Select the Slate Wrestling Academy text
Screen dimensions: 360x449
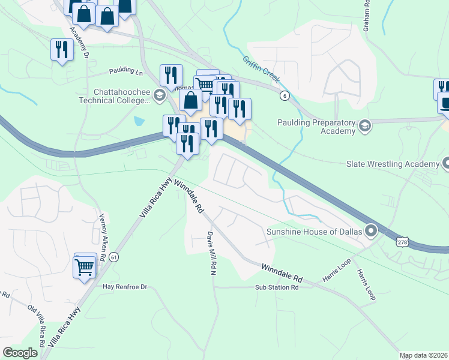tap(393, 164)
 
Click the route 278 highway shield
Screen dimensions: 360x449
tap(402, 242)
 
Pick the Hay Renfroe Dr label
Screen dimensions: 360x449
tap(124, 287)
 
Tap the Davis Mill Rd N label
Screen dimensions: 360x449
tap(211, 253)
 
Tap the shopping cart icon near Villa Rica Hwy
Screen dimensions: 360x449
tap(85, 266)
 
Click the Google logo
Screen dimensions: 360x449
tap(20, 353)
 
